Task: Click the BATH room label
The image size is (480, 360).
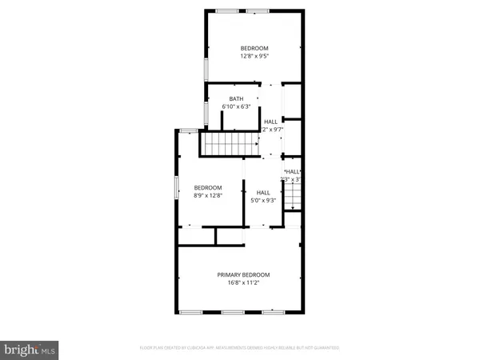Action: [235, 98]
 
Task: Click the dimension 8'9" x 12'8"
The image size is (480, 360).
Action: [206, 195]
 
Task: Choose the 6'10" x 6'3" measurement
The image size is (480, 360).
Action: [235, 106]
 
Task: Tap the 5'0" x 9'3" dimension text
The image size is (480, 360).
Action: [263, 200]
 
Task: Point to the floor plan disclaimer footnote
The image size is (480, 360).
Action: [240, 348]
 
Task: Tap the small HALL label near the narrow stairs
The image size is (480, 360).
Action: [294, 171]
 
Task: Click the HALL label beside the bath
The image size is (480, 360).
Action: [271, 121]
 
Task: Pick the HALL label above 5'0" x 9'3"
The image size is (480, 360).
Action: [263, 192]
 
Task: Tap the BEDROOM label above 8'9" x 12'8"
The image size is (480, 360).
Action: [206, 187]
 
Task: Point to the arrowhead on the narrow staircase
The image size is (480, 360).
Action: [294, 207]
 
